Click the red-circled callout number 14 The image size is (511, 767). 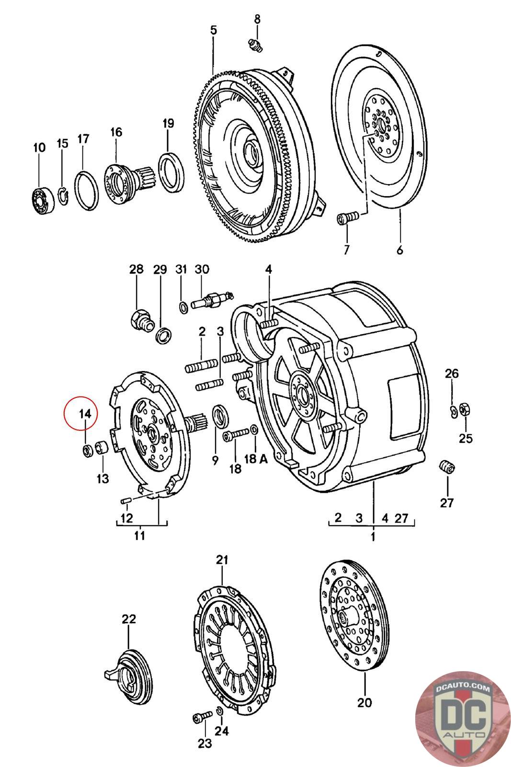85,413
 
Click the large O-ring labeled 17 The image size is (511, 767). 87,190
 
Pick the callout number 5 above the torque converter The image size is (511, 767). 213,30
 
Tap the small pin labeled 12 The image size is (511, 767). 126,500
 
